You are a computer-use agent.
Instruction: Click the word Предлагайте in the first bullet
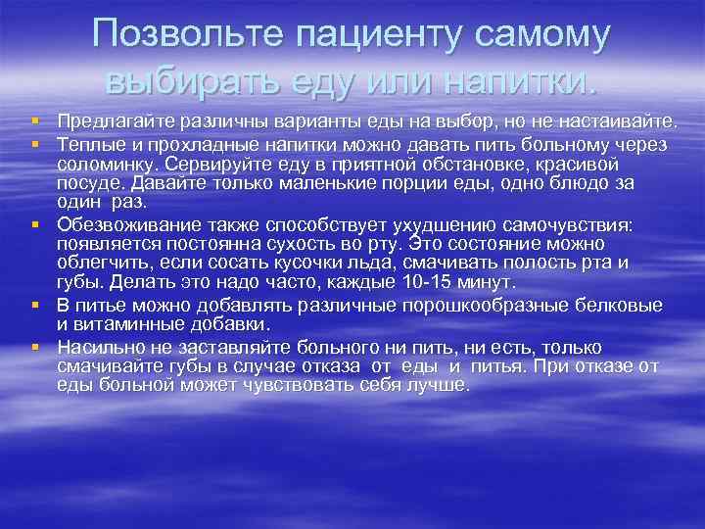tap(107, 120)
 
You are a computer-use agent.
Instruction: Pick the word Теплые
tap(85, 145)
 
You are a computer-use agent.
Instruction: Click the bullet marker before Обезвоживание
tap(35, 223)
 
